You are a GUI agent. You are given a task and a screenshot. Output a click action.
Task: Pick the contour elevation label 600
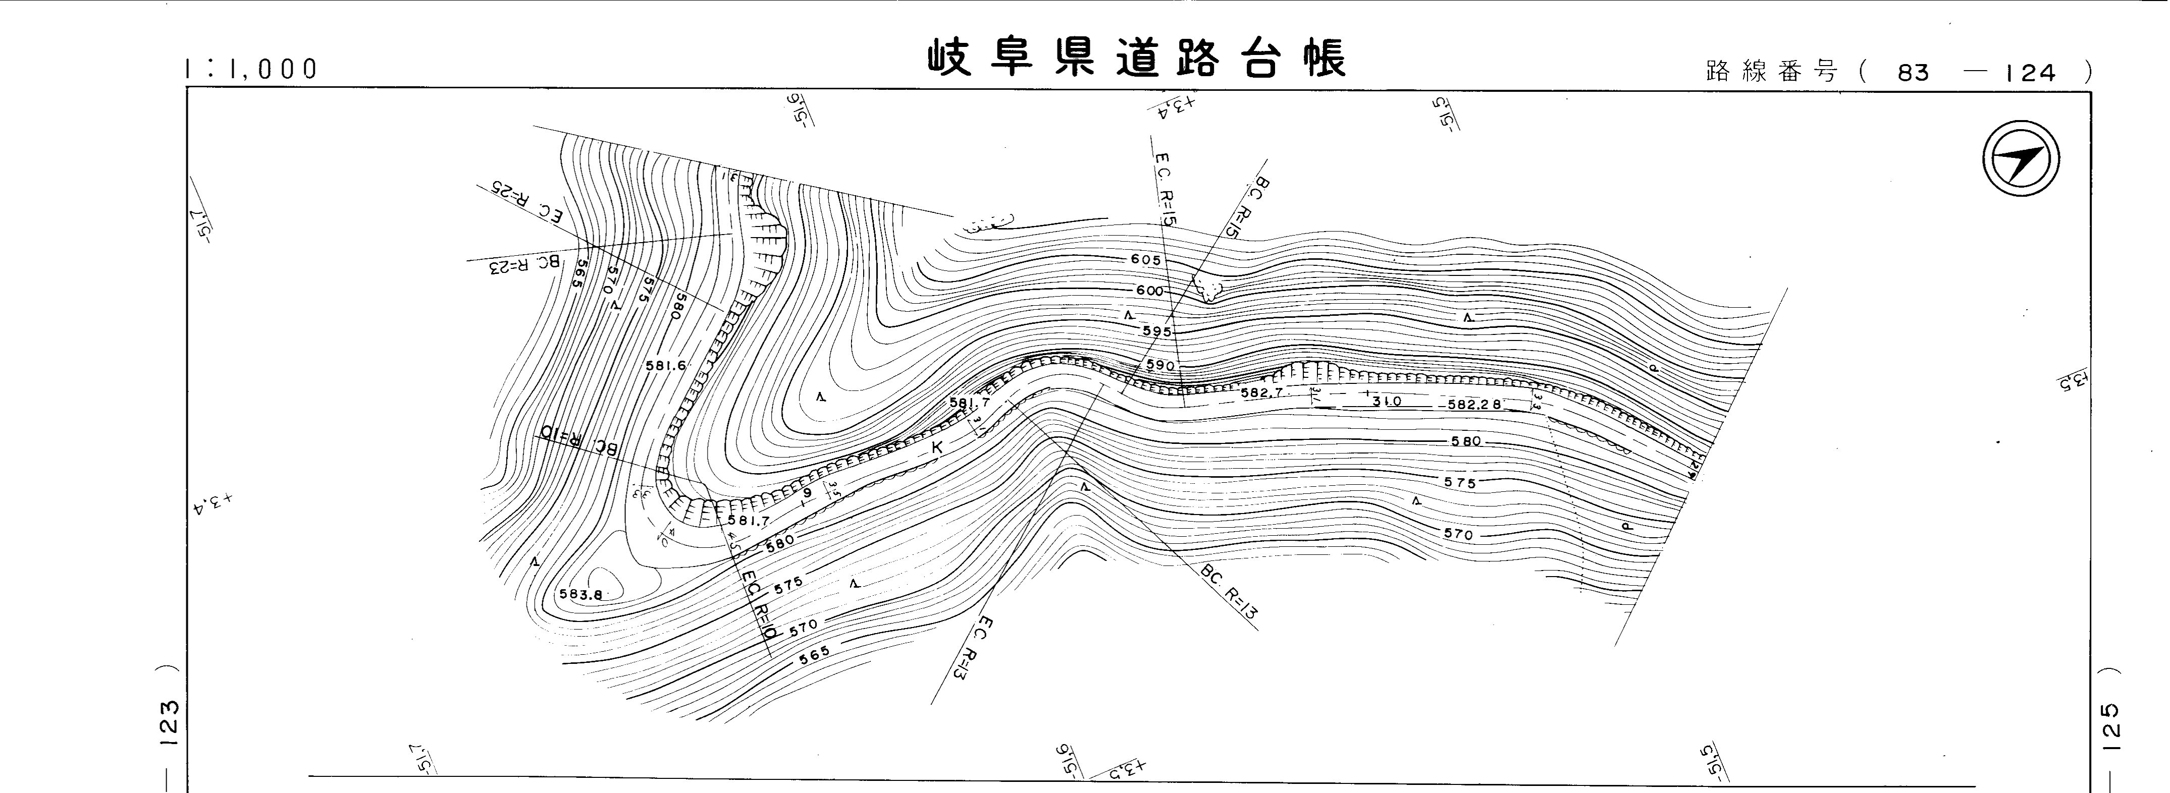click(1149, 291)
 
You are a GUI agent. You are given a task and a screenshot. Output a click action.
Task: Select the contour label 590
click(1160, 365)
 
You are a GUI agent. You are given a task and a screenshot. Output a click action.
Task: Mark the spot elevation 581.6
click(666, 366)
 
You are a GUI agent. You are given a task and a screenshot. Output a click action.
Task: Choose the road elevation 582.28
click(1475, 404)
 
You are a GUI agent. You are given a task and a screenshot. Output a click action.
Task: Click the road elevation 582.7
click(1261, 393)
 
